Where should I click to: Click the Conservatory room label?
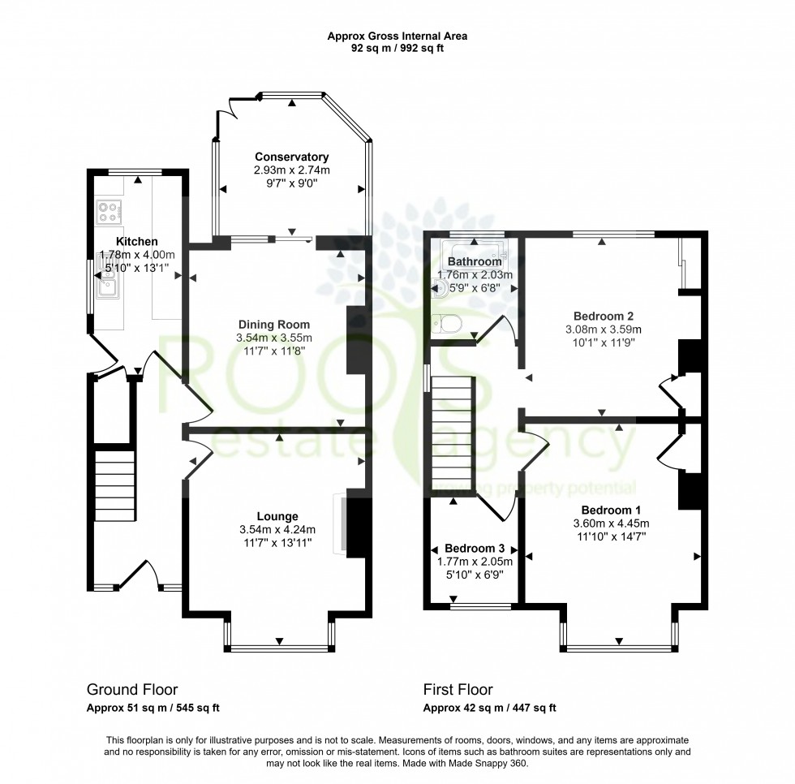(291, 157)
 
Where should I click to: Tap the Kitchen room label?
(136, 242)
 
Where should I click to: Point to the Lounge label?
(277, 516)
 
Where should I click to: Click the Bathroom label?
(475, 262)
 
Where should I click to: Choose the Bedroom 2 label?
(603, 316)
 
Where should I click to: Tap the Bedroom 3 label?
(475, 549)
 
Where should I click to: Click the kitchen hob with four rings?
(108, 212)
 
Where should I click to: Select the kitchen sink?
(106, 283)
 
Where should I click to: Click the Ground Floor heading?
(131, 690)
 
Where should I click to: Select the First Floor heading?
(458, 690)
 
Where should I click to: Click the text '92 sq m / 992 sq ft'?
(397, 48)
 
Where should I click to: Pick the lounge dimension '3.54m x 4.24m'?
(277, 530)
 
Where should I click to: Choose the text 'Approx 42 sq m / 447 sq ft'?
(489, 708)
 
